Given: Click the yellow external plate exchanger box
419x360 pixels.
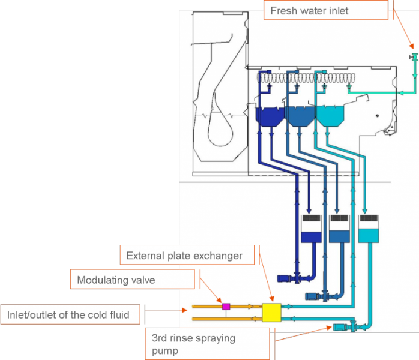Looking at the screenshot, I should (x=272, y=313).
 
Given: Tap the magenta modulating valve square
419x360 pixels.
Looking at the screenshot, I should (x=226, y=307).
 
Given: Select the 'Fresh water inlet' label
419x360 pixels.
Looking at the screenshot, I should (x=309, y=10).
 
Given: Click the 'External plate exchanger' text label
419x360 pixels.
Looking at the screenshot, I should (x=184, y=256).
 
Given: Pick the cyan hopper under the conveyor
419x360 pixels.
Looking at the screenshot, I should (x=329, y=116).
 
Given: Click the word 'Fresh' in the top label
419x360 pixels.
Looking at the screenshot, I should (x=283, y=10).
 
